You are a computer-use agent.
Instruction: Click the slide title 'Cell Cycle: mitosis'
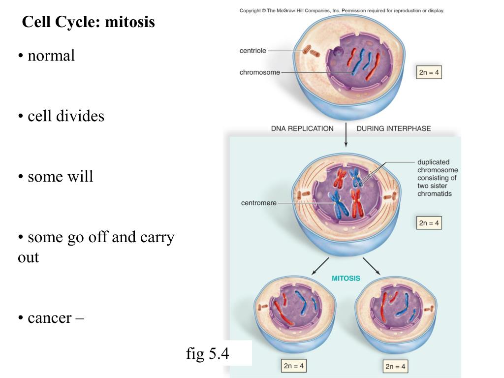(89, 22)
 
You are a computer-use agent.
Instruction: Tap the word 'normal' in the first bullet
(51, 56)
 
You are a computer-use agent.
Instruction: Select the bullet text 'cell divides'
(66, 116)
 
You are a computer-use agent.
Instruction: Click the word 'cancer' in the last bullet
(49, 317)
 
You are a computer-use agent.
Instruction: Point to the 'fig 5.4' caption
(207, 353)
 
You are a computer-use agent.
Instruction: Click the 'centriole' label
(252, 51)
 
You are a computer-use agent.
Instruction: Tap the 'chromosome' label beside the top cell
(259, 72)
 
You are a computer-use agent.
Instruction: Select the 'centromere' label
(259, 203)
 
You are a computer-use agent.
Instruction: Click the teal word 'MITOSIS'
(346, 278)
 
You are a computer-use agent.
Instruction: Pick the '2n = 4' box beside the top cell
(429, 72)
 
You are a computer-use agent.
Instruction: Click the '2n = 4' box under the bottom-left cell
(294, 366)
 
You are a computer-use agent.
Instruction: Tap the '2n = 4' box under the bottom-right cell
(395, 367)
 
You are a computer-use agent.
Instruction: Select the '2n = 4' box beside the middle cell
(429, 223)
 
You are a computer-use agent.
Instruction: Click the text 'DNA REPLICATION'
(302, 128)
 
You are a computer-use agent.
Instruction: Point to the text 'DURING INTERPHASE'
(393, 128)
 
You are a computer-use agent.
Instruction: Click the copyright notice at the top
(342, 10)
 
